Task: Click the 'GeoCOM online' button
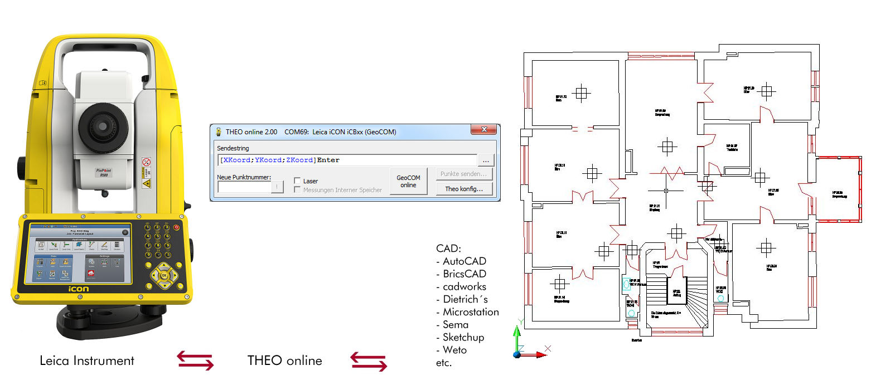tap(408, 181)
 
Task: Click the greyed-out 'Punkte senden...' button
tap(464, 174)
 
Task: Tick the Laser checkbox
tap(298, 181)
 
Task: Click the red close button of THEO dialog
tap(483, 130)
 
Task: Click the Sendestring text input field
tap(348, 160)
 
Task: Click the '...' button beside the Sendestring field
tap(486, 160)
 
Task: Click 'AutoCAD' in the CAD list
tap(464, 261)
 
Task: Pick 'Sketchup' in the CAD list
tap(463, 337)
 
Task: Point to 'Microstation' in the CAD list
tap(470, 312)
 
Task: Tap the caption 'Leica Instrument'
tap(87, 361)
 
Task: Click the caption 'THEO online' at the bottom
tap(284, 361)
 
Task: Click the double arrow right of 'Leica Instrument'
tap(196, 361)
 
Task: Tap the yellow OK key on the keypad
tap(164, 275)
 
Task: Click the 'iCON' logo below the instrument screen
tap(78, 289)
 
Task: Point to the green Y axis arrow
tap(517, 337)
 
